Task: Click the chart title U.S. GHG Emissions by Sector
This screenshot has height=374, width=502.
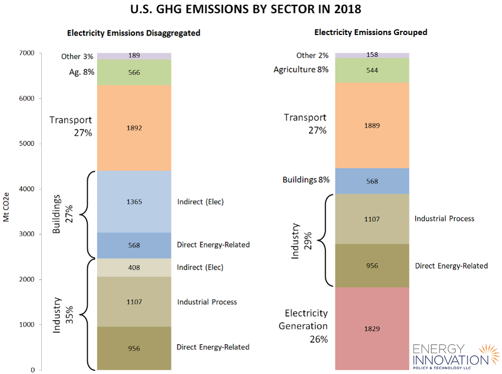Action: tap(251, 9)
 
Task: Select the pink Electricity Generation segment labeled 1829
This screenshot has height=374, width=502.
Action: tap(372, 328)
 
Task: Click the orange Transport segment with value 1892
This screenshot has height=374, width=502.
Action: tap(134, 128)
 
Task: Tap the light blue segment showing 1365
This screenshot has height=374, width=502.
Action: tap(134, 201)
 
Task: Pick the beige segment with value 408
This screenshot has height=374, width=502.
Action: tap(134, 267)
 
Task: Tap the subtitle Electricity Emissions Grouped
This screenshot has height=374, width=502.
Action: tap(370, 32)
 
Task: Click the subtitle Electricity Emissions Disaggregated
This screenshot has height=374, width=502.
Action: tap(133, 33)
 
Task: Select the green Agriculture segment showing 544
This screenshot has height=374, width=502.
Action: tap(372, 70)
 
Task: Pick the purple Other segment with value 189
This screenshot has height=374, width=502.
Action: tap(134, 55)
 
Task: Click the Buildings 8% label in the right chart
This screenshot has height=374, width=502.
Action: tap(306, 180)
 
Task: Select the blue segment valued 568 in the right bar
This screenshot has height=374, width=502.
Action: tap(372, 182)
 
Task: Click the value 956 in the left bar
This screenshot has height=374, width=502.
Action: tap(134, 348)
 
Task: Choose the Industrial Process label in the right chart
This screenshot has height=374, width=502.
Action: tap(444, 218)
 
